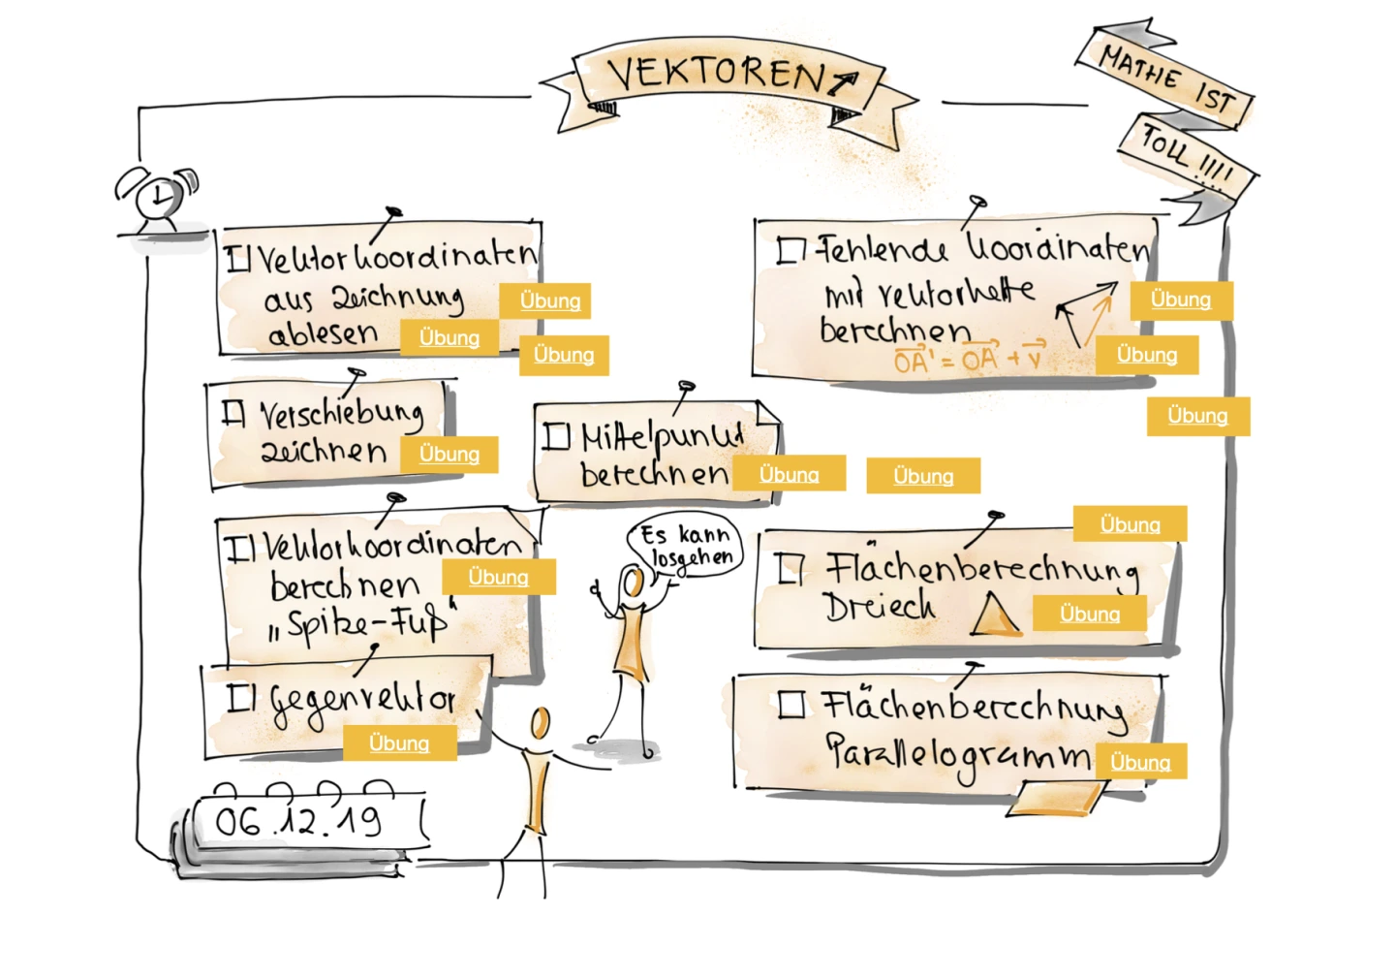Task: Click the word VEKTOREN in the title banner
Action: (x=717, y=74)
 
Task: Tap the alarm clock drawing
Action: (x=157, y=198)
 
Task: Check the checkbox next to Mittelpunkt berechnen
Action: (x=555, y=436)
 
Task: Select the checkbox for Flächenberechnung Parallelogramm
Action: (x=791, y=704)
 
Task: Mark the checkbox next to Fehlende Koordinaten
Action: (x=790, y=251)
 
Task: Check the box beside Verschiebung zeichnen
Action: (x=232, y=413)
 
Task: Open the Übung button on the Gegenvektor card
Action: (x=399, y=743)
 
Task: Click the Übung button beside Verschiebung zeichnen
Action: (x=449, y=454)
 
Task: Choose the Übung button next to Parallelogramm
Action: (x=1140, y=763)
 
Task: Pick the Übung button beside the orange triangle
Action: (x=1090, y=614)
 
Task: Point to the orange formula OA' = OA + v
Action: (x=969, y=360)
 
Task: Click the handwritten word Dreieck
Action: (x=880, y=607)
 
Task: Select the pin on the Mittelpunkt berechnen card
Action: (x=687, y=388)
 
